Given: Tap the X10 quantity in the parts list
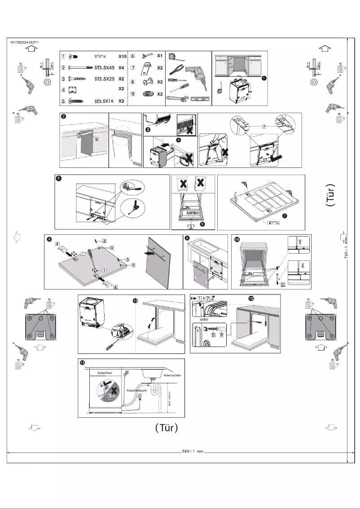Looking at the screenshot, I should (x=122, y=57).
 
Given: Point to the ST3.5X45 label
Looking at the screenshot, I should (x=106, y=68).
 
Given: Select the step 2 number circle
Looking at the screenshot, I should (x=64, y=116).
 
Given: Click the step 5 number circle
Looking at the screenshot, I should (x=58, y=178).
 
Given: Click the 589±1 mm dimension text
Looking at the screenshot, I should (x=193, y=450).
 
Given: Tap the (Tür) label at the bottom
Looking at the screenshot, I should (x=167, y=428).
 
